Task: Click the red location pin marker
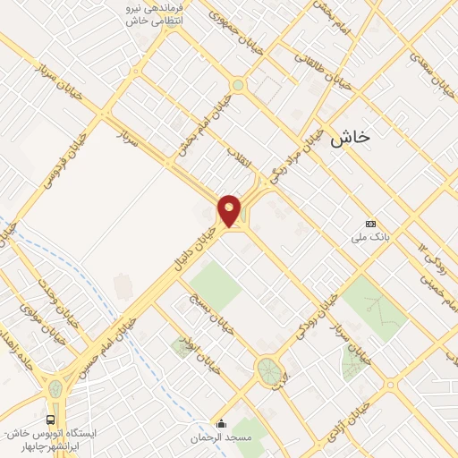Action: [x=230, y=210]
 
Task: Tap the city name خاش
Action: [x=350, y=137]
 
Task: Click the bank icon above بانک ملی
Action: [x=370, y=224]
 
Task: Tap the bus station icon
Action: [x=50, y=420]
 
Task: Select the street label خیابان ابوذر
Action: [x=199, y=356]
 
